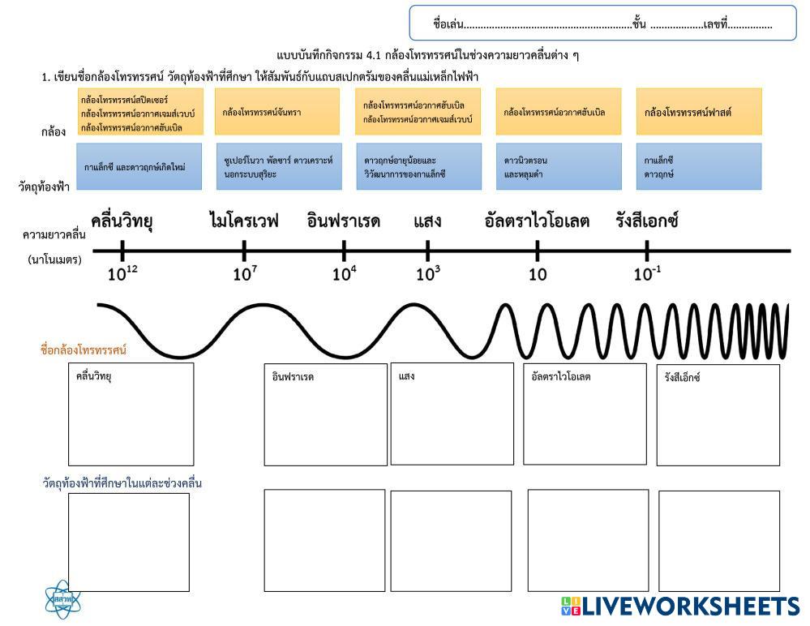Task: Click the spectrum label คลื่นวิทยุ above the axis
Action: coord(122,220)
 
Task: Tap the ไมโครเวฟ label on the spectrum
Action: coord(243,220)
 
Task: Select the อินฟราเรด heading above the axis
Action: coord(344,220)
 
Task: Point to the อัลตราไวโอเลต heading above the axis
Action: coord(537,220)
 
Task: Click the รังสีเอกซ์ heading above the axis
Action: coord(647,220)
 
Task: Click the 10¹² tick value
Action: coord(123,274)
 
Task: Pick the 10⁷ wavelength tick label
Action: coord(245,274)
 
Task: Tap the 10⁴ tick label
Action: coord(345,274)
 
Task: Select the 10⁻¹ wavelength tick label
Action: coord(648,274)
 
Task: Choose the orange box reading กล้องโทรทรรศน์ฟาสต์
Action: coord(699,112)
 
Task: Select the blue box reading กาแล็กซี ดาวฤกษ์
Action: coord(699,167)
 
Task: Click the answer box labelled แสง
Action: coord(452,414)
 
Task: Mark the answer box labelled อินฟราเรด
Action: coord(326,415)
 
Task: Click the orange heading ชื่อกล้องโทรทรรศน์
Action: coord(84,350)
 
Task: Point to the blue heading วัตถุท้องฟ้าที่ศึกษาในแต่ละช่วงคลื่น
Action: coord(122,483)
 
